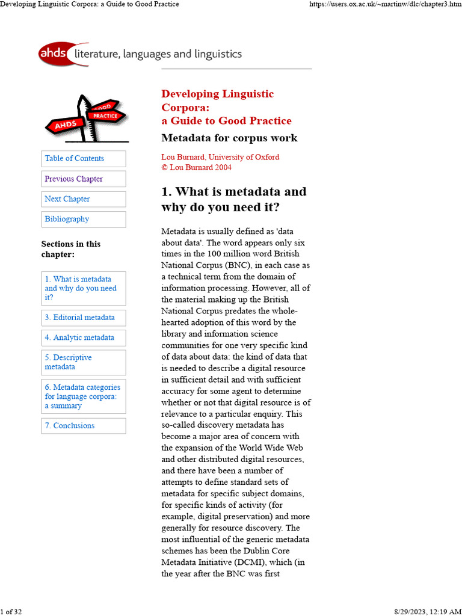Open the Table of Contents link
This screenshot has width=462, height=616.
click(x=74, y=158)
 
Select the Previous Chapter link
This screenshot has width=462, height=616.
click(x=73, y=179)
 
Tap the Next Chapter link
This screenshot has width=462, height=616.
click(x=67, y=199)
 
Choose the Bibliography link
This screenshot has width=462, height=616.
click(x=67, y=219)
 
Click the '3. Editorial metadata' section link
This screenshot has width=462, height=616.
click(x=79, y=318)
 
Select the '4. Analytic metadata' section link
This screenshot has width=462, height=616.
click(x=79, y=337)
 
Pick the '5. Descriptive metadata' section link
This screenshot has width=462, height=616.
click(x=68, y=362)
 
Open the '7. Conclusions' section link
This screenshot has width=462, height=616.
click(x=69, y=426)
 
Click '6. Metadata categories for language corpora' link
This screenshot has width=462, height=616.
click(x=82, y=396)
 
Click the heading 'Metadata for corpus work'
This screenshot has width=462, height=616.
click(x=229, y=138)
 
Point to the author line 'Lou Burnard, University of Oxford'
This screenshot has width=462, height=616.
click(x=220, y=157)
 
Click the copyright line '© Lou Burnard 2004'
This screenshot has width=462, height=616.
click(x=196, y=167)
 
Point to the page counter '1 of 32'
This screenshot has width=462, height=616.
click(x=11, y=612)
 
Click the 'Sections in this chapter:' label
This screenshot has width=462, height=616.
click(x=70, y=248)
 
